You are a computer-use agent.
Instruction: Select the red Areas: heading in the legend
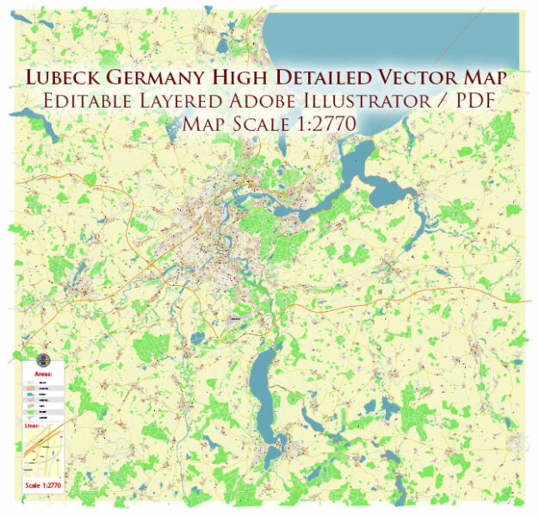(43, 374)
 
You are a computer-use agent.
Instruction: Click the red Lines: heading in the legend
(32, 426)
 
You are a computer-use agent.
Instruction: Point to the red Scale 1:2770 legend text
(43, 485)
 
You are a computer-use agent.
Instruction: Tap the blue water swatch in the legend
(31, 394)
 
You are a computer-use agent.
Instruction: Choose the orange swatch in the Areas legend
(31, 389)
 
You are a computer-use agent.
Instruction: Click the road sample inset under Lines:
(42, 452)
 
